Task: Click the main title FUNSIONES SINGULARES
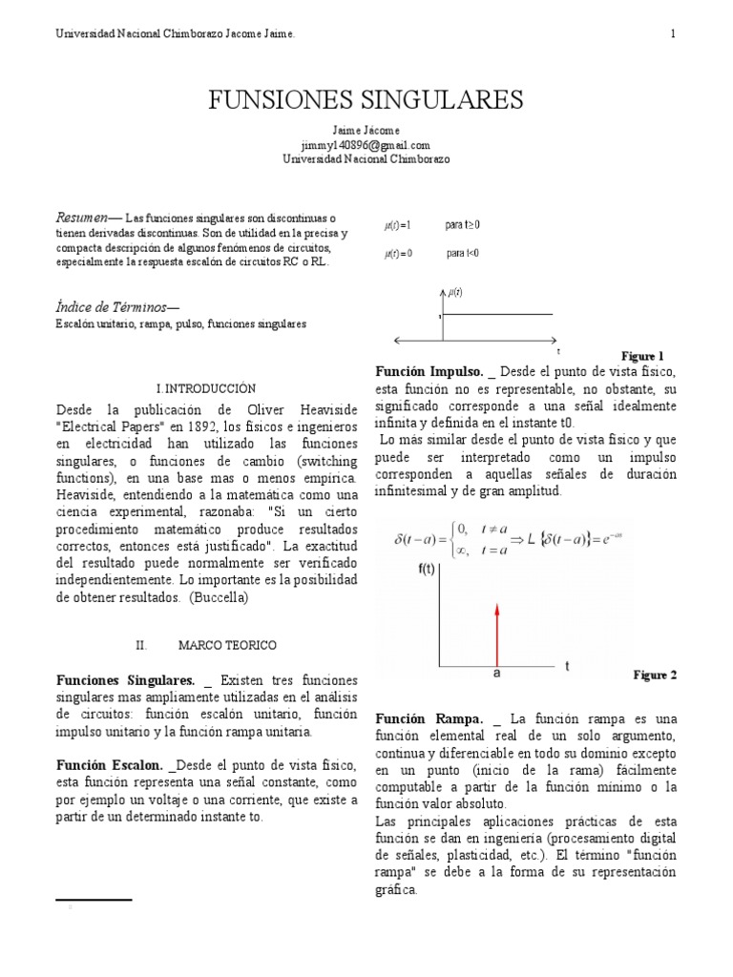[366, 100]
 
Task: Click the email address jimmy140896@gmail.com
[366, 145]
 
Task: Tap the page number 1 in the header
[673, 34]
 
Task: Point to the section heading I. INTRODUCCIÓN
[206, 389]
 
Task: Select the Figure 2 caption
[655, 675]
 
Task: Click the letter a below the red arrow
[496, 673]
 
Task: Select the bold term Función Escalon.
[110, 766]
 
